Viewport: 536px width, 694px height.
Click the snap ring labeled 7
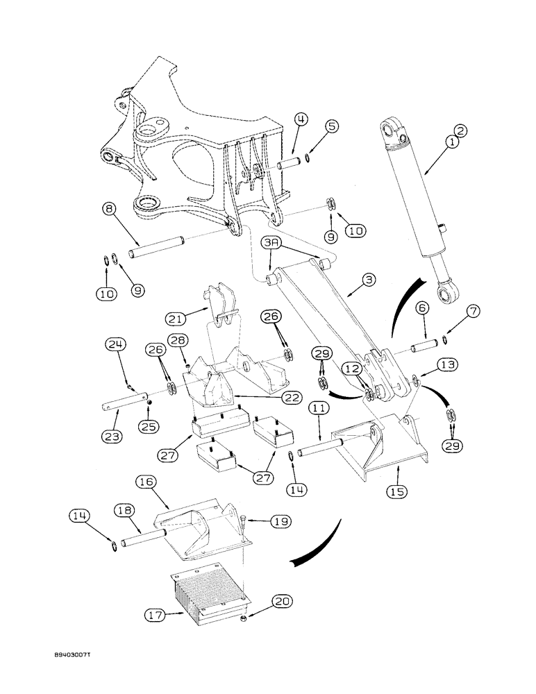[x=445, y=338]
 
